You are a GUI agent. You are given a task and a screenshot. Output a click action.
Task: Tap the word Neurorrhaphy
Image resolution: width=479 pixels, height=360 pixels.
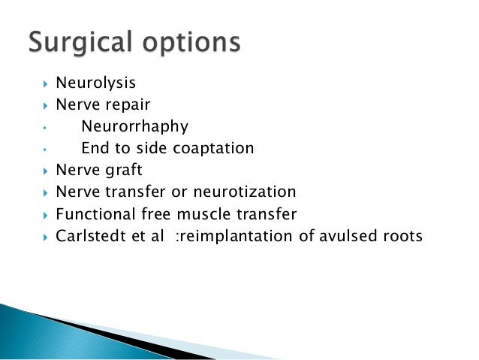tap(135, 126)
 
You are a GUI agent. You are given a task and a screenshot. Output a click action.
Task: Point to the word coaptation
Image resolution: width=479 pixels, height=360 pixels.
tap(214, 148)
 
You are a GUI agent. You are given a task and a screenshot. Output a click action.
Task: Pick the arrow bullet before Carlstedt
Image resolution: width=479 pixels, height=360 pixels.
tap(46, 237)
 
